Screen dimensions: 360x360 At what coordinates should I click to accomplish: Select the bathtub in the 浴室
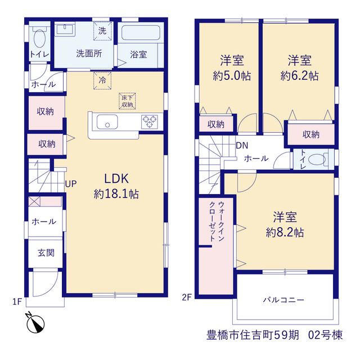point(141,33)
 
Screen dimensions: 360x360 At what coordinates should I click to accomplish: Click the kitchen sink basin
point(107,121)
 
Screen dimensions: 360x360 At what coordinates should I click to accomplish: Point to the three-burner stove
point(150,121)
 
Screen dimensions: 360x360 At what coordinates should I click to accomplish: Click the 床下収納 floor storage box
point(127,101)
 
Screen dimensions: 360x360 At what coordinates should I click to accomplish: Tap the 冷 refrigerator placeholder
point(102,80)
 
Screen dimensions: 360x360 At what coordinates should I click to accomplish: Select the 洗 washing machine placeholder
point(102,31)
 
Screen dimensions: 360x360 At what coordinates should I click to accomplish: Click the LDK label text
point(116,179)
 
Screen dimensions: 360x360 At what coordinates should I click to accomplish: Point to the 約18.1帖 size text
point(116,194)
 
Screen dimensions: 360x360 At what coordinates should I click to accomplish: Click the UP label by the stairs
point(71,184)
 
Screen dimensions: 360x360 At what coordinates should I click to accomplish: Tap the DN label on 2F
point(242,145)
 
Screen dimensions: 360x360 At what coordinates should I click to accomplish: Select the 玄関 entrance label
point(46,253)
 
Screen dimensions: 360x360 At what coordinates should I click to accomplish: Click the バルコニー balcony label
point(283,300)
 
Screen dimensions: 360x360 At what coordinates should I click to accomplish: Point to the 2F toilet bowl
point(317,159)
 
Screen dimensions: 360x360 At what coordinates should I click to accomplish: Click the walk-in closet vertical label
point(217,221)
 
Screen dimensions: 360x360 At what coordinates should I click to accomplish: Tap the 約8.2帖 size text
point(285,232)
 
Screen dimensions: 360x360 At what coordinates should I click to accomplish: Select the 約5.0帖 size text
point(232,75)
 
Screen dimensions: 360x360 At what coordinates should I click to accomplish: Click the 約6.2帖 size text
point(300,75)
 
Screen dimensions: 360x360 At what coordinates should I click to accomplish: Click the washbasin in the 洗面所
point(65,30)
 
